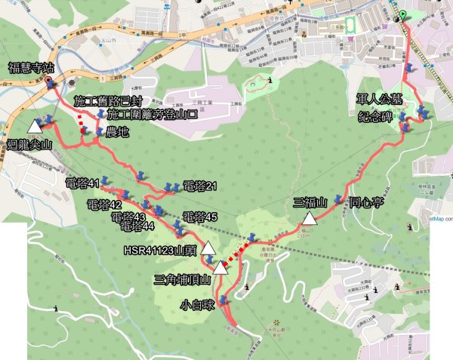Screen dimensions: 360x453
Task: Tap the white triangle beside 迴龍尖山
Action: tap(35, 126)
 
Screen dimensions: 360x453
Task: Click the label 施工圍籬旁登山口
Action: tap(153, 115)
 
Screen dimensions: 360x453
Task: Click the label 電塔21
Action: tap(200, 186)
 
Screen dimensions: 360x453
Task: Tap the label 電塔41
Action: tap(82, 183)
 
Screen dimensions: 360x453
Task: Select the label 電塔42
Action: tap(104, 205)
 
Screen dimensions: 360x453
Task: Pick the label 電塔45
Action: tap(200, 217)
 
